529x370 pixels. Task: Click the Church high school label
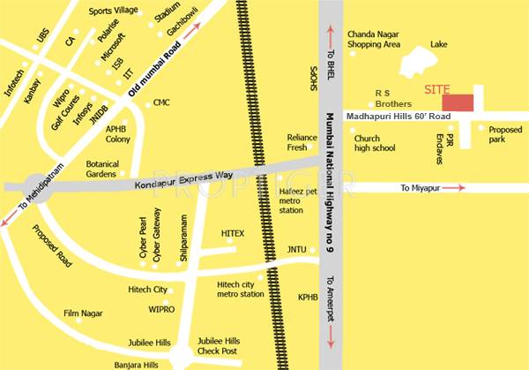coord(374,143)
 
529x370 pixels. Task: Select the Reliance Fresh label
coord(302,142)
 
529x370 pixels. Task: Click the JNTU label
coord(296,250)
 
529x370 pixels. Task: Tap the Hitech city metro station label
coord(240,289)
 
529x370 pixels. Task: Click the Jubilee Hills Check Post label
coord(219,345)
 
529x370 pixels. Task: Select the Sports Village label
coord(115,11)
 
